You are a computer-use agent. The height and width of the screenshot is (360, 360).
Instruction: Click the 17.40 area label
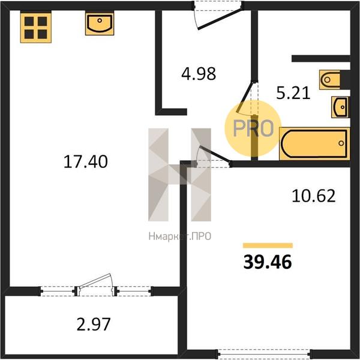click(85, 161)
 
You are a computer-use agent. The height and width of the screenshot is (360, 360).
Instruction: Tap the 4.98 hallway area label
click(199, 74)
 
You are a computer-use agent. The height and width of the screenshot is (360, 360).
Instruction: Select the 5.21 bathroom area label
click(293, 93)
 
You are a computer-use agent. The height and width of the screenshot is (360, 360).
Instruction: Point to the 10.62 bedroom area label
click(314, 196)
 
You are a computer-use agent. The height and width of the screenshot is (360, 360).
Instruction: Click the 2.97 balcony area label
click(94, 324)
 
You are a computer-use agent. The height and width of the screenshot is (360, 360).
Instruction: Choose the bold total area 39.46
click(268, 262)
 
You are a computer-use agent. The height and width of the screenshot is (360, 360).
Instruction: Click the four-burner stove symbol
click(36, 28)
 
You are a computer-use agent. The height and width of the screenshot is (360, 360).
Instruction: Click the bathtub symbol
click(314, 144)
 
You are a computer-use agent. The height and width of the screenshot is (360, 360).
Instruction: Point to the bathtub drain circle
click(341, 143)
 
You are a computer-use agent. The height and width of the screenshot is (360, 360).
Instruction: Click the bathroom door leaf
click(245, 97)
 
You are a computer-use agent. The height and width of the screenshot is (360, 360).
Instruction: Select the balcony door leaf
click(95, 281)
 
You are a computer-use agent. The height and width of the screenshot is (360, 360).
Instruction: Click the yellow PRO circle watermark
click(253, 128)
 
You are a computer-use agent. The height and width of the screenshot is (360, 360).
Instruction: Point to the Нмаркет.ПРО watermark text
click(180, 236)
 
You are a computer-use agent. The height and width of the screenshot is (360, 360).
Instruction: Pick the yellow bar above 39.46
click(268, 245)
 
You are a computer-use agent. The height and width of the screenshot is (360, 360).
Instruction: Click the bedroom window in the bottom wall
click(264, 353)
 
